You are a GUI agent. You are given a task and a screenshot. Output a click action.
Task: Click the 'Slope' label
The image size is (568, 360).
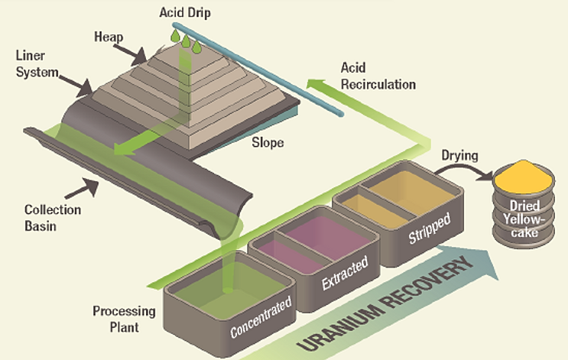(x=268, y=142)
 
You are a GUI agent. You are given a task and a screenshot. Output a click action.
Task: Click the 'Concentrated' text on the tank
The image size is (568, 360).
(x=262, y=318)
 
